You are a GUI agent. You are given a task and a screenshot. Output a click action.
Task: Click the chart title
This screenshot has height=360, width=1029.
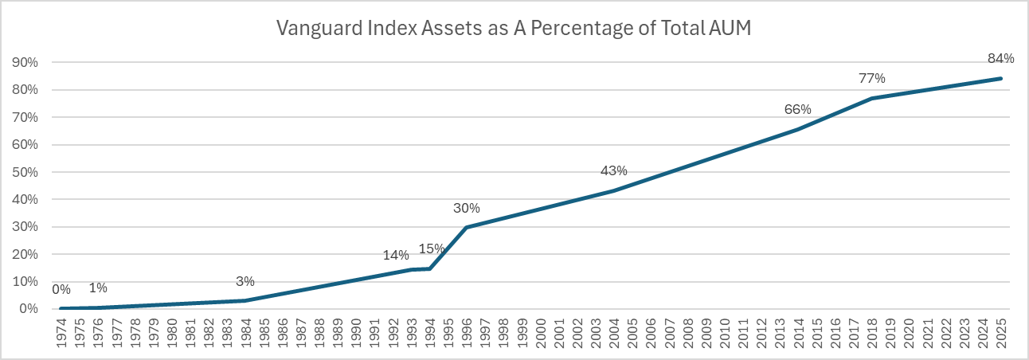point(514,29)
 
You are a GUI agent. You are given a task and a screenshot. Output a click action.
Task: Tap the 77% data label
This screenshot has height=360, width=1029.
point(872,79)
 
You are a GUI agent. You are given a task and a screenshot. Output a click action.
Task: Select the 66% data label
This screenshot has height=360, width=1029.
point(797,109)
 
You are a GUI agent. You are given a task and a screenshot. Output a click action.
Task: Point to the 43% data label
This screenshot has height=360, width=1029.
point(614,170)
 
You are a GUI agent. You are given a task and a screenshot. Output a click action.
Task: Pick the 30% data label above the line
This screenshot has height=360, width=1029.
point(466,209)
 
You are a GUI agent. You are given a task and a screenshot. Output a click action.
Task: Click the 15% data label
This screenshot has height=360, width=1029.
point(432,248)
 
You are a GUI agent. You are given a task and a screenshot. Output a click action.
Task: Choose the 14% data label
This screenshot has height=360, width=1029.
point(396,256)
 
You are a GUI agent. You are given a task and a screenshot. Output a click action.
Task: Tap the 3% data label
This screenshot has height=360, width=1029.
point(245,281)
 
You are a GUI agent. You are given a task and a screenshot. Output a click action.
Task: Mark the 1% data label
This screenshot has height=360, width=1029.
point(98,288)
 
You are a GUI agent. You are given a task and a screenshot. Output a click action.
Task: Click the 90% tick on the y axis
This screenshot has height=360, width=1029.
point(25,62)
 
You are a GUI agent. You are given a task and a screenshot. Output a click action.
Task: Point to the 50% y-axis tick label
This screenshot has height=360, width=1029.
point(25,172)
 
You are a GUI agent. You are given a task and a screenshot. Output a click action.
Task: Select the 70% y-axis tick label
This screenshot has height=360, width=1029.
point(25,118)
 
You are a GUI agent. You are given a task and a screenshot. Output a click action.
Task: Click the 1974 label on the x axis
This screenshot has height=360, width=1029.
point(61,333)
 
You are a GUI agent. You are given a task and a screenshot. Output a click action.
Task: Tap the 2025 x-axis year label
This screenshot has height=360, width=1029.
point(1001,333)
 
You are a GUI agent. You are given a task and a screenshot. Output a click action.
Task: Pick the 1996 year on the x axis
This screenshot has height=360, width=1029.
point(467,333)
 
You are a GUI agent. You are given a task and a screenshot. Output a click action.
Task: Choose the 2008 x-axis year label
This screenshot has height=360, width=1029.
point(688,333)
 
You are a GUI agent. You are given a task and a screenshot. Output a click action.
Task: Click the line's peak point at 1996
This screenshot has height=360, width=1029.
point(467,227)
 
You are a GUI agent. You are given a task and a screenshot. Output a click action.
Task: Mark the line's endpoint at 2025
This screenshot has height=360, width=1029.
point(1001,79)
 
